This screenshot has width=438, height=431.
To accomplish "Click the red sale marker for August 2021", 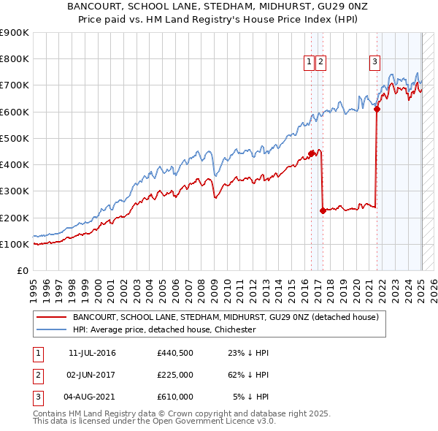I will pos(377,109).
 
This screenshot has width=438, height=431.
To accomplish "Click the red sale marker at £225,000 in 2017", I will pos(323,210).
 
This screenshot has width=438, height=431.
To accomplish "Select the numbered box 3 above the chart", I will pos(374,62).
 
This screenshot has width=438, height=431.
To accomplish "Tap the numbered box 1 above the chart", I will pos(310,62).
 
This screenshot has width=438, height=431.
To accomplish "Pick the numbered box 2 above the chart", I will pos(321,62).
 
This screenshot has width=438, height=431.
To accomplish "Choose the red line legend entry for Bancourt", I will pos(225,318).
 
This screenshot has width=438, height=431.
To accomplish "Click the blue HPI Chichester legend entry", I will pos(164,329).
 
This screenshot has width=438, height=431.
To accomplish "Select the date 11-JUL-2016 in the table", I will pos(92,353).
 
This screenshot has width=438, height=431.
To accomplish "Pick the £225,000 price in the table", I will pos(174,375).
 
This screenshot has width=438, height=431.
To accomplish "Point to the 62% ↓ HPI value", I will pos(248,375).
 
